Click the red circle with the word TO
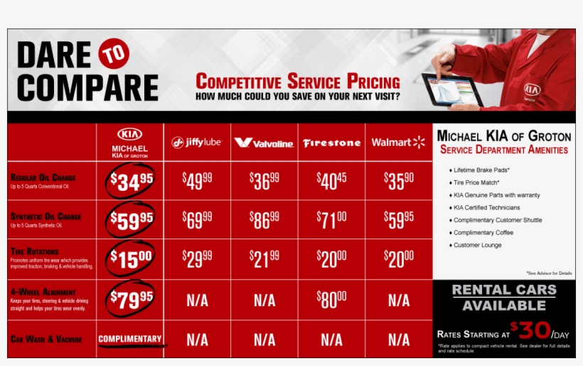coord(114,55)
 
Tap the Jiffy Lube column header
coord(197,142)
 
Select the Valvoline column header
coord(264,143)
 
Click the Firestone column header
coord(331,143)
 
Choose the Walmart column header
coord(398,142)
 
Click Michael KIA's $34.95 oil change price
coord(130,182)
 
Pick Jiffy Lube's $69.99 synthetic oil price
coord(197,220)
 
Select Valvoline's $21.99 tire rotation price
coord(264,259)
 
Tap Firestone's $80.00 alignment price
coord(331,300)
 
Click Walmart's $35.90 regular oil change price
coord(398,181)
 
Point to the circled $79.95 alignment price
coord(130,300)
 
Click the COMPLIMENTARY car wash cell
coord(130,339)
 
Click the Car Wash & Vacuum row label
coord(46,340)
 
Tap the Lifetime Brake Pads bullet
coord(482,170)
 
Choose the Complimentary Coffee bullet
coord(483,233)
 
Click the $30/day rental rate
coord(533,332)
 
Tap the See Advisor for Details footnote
coord(549,273)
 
